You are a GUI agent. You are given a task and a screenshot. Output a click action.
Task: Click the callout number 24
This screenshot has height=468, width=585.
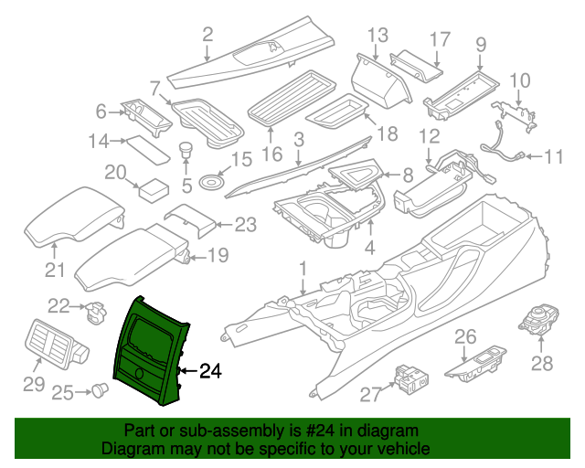[211, 371]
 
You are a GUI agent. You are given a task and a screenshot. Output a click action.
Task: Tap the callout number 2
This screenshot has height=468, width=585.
[207, 36]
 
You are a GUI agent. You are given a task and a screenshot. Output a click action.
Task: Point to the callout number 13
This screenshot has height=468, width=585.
[378, 36]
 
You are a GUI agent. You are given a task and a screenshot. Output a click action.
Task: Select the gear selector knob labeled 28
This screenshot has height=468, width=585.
[537, 319]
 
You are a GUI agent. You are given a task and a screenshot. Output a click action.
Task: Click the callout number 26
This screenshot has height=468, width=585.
[466, 336]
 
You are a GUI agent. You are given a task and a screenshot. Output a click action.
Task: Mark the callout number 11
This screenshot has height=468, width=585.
[554, 157]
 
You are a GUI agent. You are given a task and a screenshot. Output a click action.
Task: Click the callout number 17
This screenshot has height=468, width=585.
[440, 39]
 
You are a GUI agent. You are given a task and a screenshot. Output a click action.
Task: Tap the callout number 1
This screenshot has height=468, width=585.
[303, 269]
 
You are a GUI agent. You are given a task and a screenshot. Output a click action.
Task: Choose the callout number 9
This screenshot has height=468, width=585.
[481, 42]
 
